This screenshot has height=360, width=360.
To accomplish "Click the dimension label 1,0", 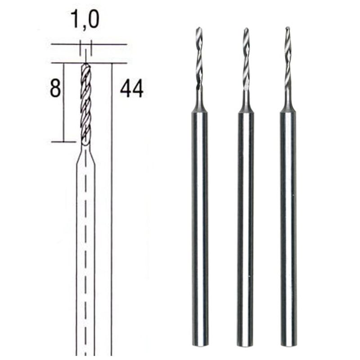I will pyautogui.click(x=85, y=20).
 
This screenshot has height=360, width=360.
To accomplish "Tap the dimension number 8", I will pyautogui.click(x=55, y=89).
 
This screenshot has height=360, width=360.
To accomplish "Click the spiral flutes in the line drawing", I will pyautogui.click(x=85, y=103).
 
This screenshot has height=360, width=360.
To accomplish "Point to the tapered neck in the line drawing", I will pyautogui.click(x=85, y=155).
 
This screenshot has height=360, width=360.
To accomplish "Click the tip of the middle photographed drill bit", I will pyautogui.click(x=246, y=30).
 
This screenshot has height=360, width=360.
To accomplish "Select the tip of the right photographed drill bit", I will pyautogui.click(x=287, y=29).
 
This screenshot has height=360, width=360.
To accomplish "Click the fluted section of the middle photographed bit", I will pyautogui.click(x=246, y=58).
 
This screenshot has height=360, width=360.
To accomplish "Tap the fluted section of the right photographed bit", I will pyautogui.click(x=288, y=58).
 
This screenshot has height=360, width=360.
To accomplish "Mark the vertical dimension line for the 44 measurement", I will pyautogui.click(x=112, y=202).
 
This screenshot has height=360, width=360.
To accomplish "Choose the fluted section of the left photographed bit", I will pyautogui.click(x=199, y=58).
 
